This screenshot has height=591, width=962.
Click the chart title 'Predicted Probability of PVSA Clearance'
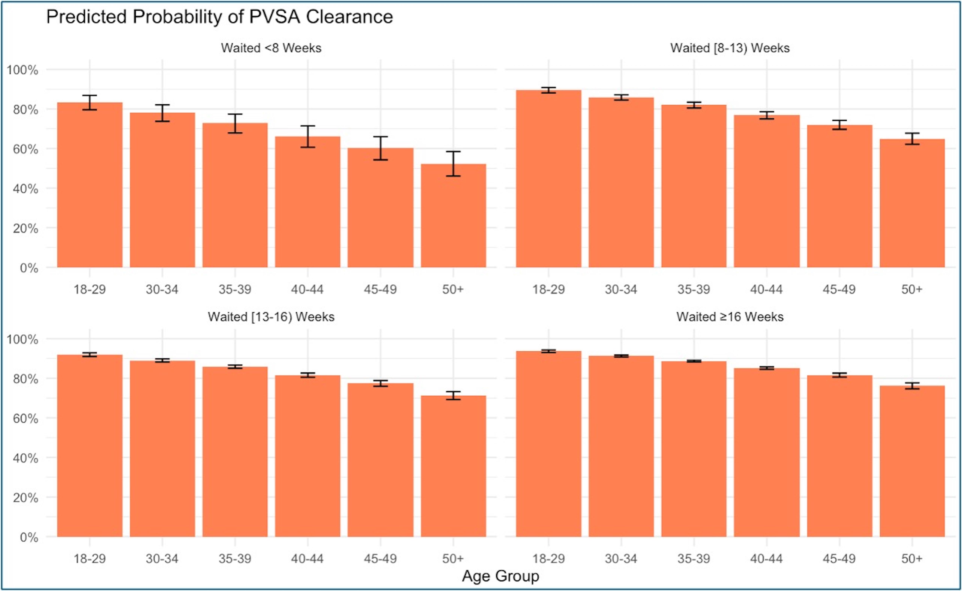219,17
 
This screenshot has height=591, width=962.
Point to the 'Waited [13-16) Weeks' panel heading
271,317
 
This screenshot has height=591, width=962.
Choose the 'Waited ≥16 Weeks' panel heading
730,317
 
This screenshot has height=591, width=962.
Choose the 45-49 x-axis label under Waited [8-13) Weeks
839,290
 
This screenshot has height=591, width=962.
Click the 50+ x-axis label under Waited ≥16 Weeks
912,559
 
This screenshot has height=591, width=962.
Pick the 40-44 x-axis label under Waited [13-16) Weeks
307,559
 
